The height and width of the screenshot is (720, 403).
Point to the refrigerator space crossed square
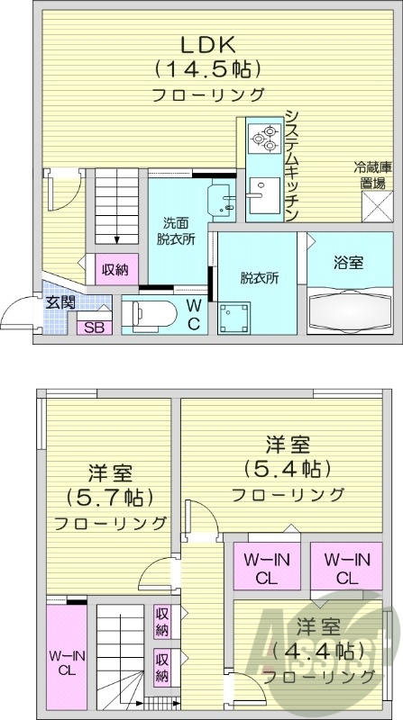pos(377,208)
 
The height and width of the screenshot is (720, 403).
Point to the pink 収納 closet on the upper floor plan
pos(114,269)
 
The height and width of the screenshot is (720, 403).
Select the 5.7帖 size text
pos(109,498)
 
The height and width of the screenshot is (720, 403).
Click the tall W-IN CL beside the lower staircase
pos(67,661)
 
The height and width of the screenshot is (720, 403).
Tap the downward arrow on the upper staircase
pos(117,238)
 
